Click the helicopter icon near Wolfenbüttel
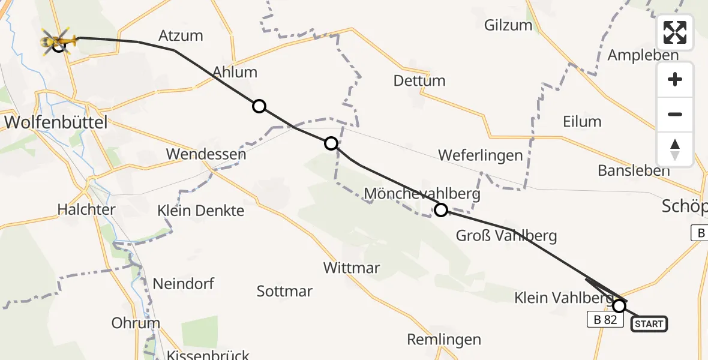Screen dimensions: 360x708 click(x=59, y=41)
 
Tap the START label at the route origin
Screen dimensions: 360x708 click(x=649, y=324)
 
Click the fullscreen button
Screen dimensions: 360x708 click(x=675, y=32)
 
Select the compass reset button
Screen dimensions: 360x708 click(x=675, y=149)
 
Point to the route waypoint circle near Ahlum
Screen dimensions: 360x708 click(x=259, y=106)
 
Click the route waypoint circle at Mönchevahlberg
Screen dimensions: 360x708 click(x=441, y=209)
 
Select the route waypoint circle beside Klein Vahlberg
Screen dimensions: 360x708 click(x=619, y=306)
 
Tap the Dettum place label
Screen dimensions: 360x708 click(x=419, y=80)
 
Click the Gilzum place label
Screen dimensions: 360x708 click(x=508, y=25)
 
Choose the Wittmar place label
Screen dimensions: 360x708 click(x=352, y=268)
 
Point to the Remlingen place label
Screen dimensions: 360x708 click(x=444, y=340)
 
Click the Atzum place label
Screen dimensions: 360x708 click(x=181, y=35)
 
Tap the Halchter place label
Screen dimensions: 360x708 click(x=86, y=210)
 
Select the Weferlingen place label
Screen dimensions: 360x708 click(x=481, y=155)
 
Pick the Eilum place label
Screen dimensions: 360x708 click(x=582, y=121)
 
